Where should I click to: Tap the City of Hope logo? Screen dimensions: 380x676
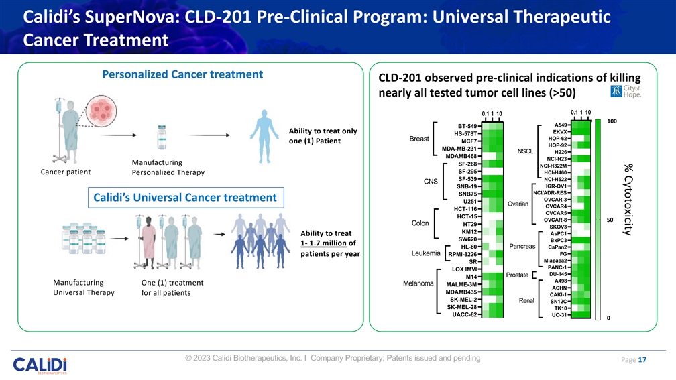(x=625, y=92)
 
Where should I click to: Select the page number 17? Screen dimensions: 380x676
(x=642, y=360)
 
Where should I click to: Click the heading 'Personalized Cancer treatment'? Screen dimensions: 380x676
(x=182, y=74)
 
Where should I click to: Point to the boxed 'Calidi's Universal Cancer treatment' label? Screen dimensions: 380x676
(x=184, y=197)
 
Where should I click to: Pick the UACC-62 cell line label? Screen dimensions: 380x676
(x=463, y=314)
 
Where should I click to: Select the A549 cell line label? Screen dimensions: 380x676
(x=562, y=125)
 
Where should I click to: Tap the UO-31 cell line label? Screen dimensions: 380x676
(x=560, y=315)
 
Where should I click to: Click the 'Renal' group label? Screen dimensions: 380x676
(x=526, y=300)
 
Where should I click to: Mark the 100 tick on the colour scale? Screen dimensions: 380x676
(x=612, y=121)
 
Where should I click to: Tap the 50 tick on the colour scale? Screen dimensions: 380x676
(x=610, y=219)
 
